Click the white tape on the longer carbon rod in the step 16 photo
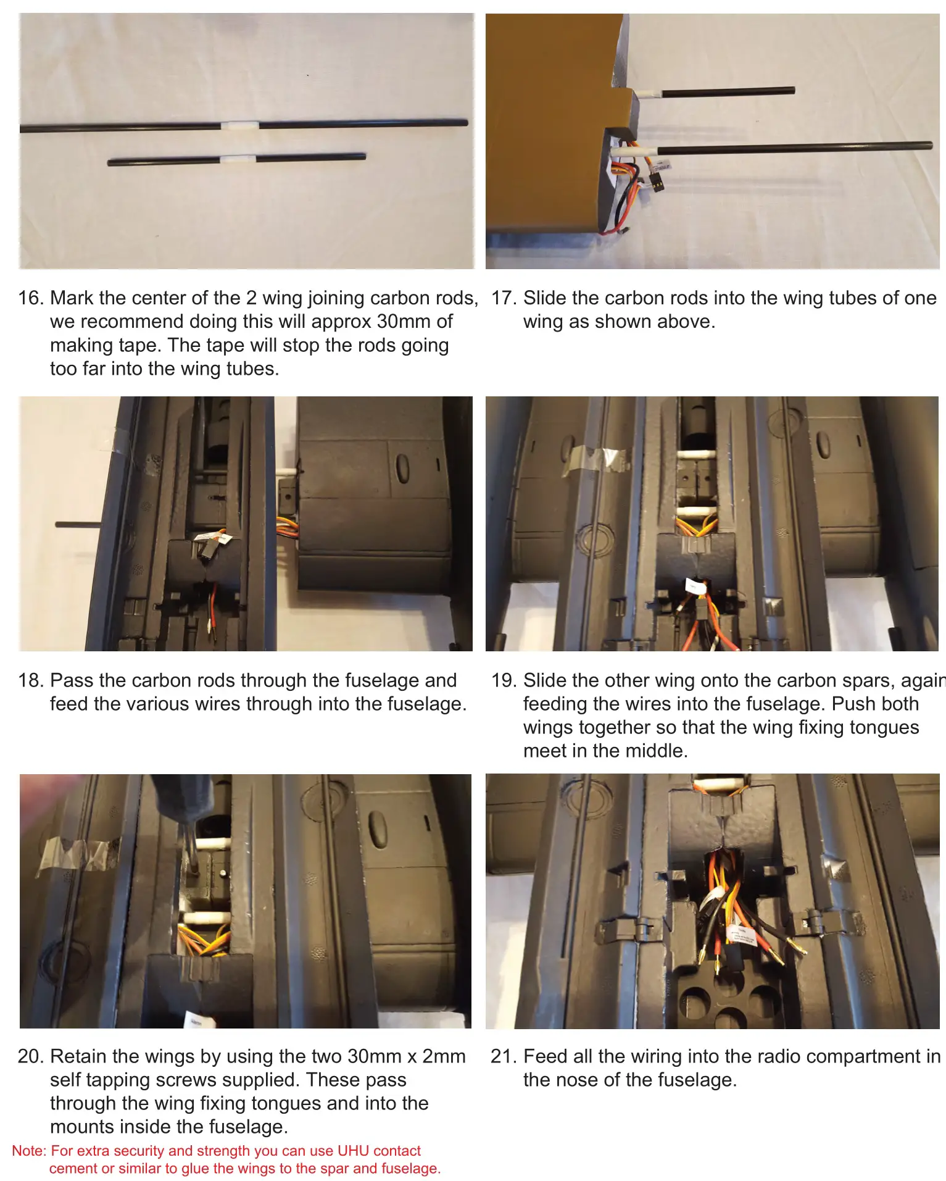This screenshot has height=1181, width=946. (240, 125)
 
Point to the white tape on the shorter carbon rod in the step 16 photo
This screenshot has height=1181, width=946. (238, 159)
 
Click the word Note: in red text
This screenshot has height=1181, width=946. (29, 1151)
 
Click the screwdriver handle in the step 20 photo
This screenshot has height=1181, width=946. (182, 796)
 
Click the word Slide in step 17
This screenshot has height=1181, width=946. (545, 298)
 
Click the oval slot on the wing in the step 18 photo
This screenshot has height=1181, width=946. (402, 469)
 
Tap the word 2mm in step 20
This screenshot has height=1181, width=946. (444, 1056)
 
